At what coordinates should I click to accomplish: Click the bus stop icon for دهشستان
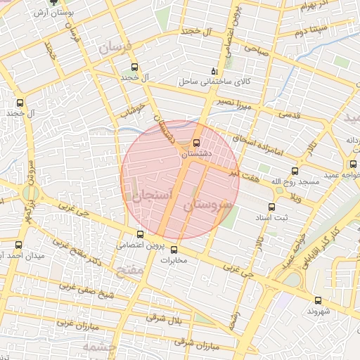[x=196, y=143]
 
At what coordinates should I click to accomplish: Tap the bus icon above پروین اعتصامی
[x=140, y=235]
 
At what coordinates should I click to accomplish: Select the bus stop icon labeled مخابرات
[x=174, y=250]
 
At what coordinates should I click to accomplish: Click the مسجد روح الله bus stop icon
[x=295, y=171]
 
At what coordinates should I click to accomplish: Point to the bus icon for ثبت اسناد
[x=271, y=207]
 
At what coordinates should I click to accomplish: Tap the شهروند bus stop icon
[x=319, y=301]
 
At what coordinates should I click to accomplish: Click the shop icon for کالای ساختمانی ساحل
[x=214, y=71]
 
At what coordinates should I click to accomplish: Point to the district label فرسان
[x=115, y=49]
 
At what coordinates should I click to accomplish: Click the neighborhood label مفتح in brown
[x=131, y=269]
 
